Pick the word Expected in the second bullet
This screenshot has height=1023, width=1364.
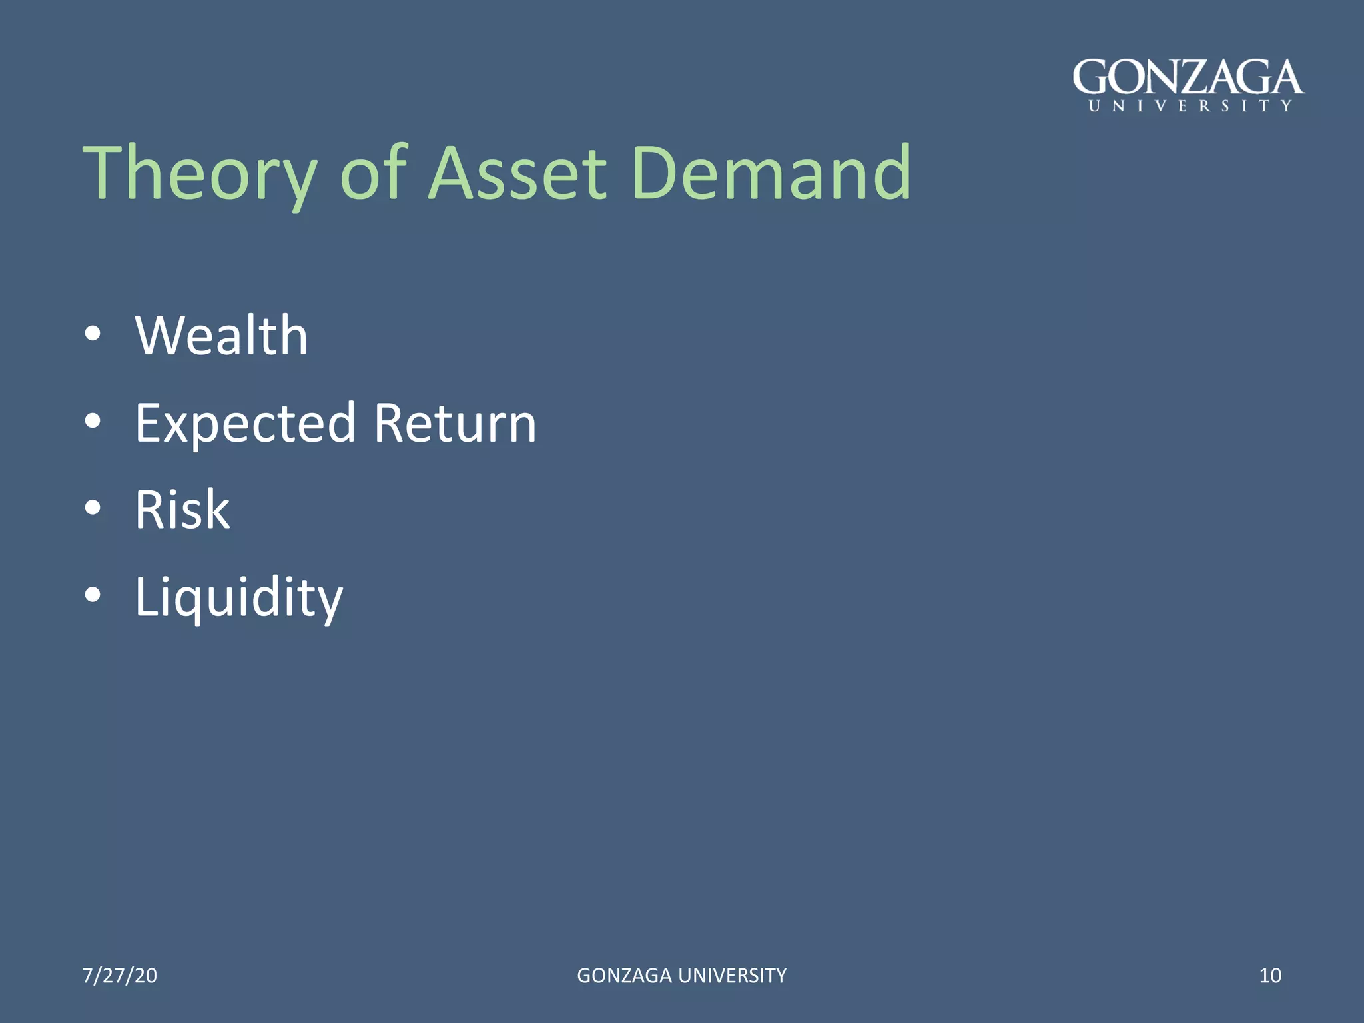click(245, 424)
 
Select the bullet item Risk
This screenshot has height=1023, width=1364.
click(182, 510)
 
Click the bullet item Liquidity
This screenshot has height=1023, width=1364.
click(238, 597)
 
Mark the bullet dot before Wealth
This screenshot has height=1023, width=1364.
click(93, 334)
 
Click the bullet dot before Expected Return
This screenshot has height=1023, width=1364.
click(93, 421)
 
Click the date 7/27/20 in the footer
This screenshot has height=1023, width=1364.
click(120, 975)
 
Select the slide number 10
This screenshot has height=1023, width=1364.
click(1270, 975)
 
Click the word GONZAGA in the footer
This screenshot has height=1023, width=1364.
click(624, 975)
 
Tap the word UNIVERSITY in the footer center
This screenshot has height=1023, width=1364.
click(733, 975)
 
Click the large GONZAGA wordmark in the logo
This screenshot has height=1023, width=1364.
click(1188, 78)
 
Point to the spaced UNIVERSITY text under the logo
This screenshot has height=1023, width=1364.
click(1190, 106)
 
